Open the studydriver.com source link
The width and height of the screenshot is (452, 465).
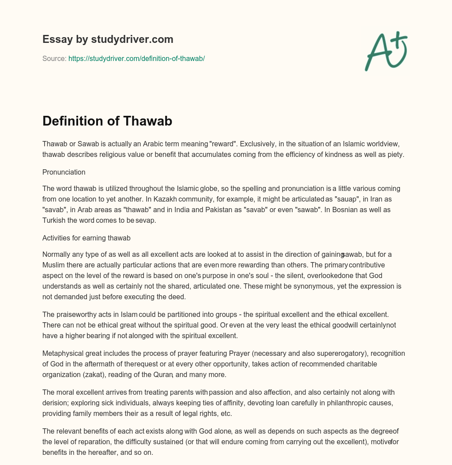136,58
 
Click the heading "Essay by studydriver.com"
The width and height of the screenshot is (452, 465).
108,39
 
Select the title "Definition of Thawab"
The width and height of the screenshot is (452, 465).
107,121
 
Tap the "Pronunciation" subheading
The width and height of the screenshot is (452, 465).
64,172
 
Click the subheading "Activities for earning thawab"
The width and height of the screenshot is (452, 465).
87,238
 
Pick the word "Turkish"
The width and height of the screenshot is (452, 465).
54,220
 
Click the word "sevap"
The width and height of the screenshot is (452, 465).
146,220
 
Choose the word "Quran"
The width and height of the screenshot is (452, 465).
162,374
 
